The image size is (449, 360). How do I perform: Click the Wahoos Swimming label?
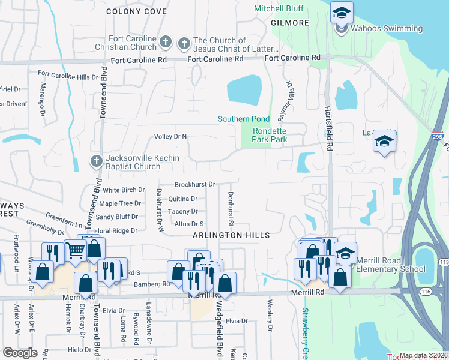tap(387, 28)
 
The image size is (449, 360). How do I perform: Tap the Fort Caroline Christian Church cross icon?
tap(166, 42)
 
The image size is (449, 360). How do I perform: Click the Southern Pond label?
tap(243, 119)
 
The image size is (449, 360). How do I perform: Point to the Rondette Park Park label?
tap(270, 135)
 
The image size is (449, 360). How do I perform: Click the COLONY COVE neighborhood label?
tap(136, 11)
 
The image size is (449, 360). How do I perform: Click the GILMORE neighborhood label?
tap(290, 23)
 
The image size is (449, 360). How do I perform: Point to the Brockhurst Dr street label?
tap(194, 185)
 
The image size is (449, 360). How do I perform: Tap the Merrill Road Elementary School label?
tap(390, 265)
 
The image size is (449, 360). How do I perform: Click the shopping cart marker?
tap(75, 250)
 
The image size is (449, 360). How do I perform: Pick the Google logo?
tap(20, 353)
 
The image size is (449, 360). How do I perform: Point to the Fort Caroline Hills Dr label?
tap(68, 77)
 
